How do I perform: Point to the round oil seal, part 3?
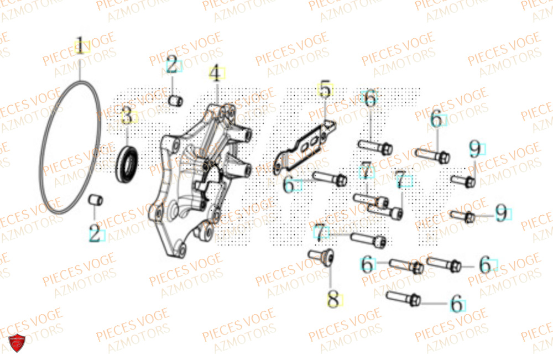tap(127, 162)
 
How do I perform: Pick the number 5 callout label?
tap(325, 90)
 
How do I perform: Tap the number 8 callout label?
tap(333, 300)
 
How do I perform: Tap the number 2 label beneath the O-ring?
tap(95, 234)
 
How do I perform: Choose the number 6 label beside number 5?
tap(370, 100)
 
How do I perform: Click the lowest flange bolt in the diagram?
tap(404, 299)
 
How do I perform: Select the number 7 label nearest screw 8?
tap(320, 233)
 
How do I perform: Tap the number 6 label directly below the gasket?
tap(289, 185)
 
